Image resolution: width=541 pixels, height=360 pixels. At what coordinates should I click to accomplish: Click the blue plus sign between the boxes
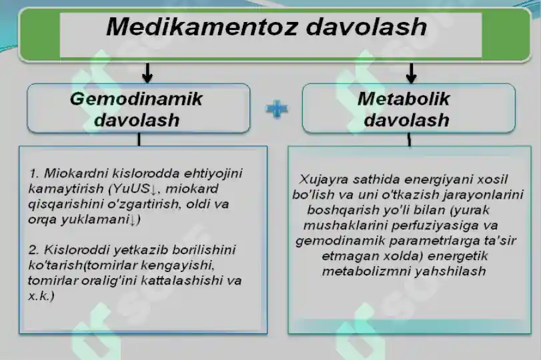click(276, 109)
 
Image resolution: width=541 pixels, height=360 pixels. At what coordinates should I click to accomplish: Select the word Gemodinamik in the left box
click(136, 99)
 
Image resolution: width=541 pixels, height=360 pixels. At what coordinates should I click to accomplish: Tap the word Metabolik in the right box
click(404, 99)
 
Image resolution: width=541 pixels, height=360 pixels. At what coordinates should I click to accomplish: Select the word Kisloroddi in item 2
click(77, 250)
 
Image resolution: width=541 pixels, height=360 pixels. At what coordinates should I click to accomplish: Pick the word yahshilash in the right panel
click(452, 271)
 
